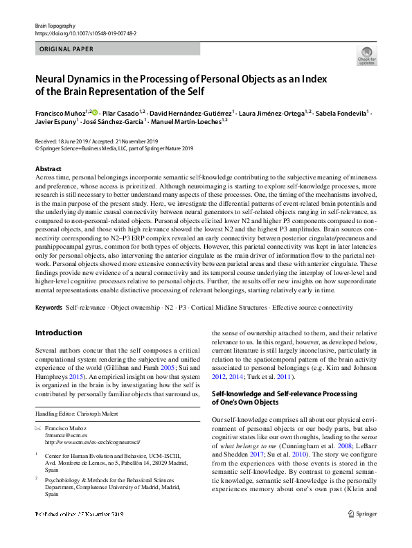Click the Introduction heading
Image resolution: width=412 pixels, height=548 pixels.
tap(57, 333)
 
